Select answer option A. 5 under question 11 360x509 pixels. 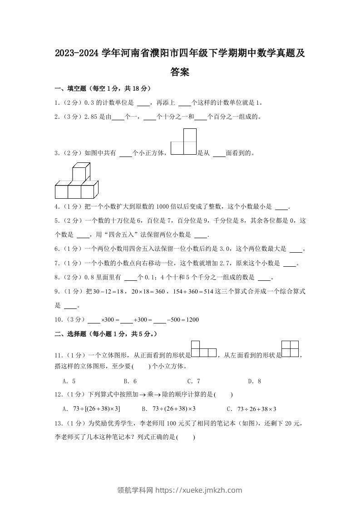(69, 382)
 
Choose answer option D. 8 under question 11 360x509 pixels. (254, 382)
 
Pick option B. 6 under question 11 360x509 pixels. (130, 382)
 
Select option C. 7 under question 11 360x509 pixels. (193, 382)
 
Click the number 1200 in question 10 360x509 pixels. (192, 320)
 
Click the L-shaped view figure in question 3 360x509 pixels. (184, 142)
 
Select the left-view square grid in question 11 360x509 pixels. (290, 349)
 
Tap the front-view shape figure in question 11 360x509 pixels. (203, 350)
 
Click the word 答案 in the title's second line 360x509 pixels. (180, 72)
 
